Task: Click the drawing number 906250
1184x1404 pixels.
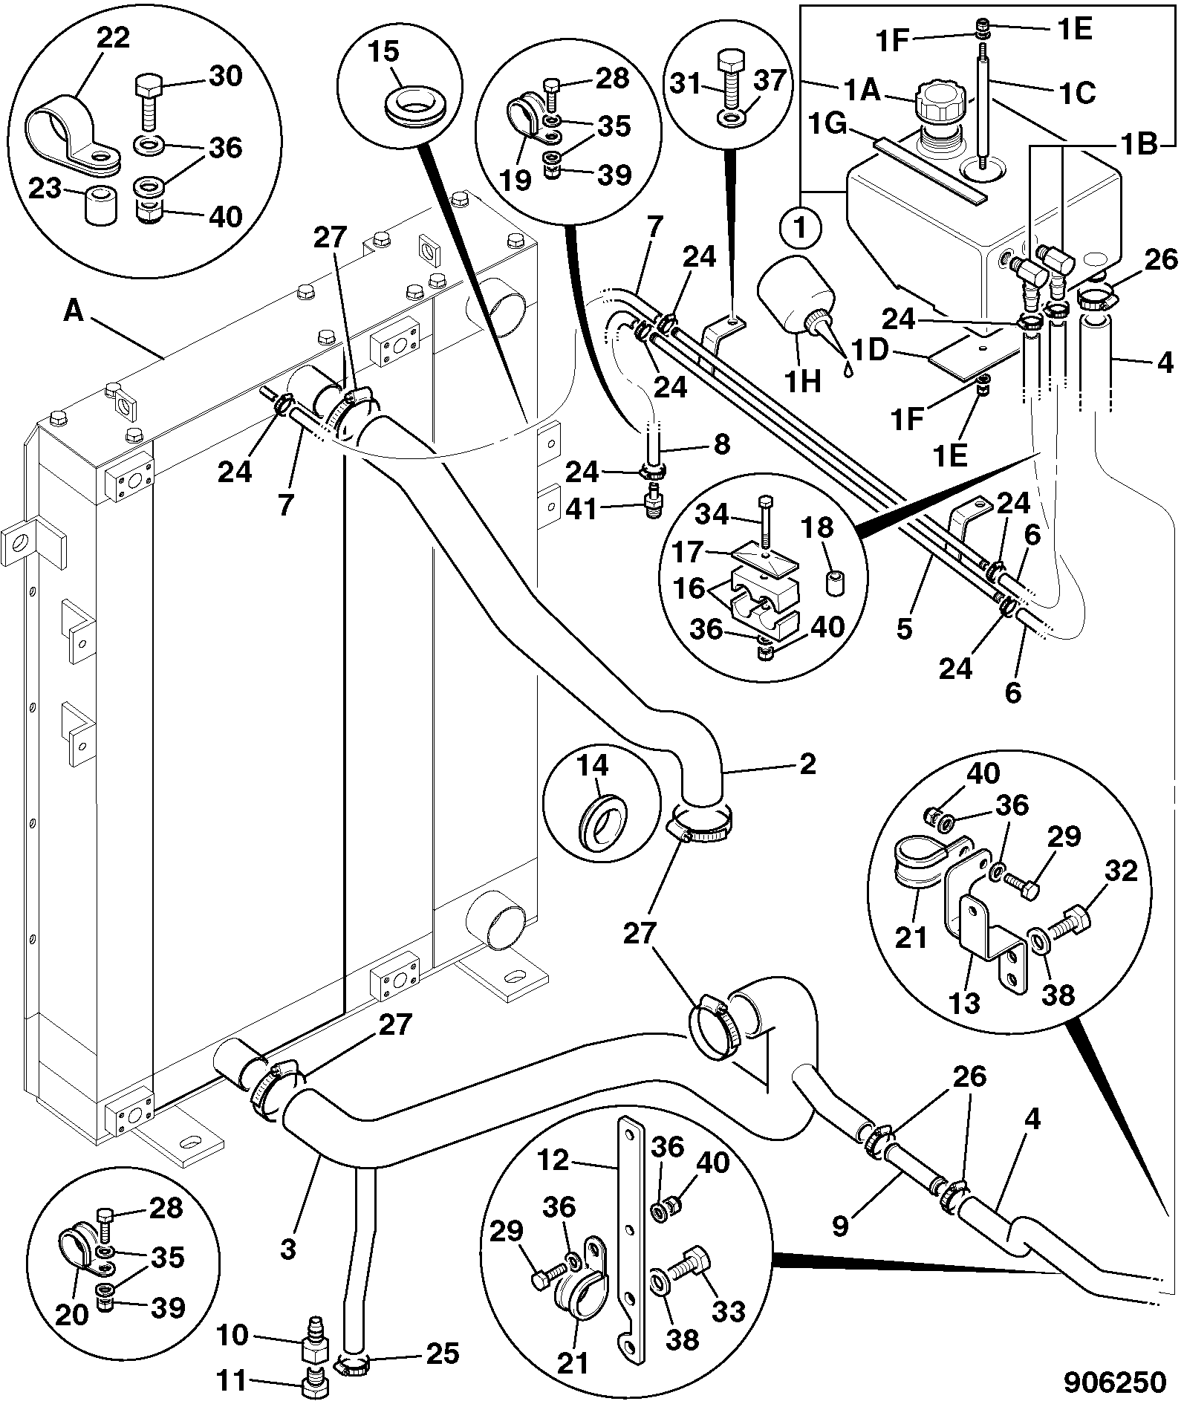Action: (x=1115, y=1381)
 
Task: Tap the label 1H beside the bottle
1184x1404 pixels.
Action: (x=804, y=380)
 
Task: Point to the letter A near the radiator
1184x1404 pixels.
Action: (x=74, y=311)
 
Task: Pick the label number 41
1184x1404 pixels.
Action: (x=582, y=510)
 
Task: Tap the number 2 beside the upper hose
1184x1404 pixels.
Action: (x=807, y=764)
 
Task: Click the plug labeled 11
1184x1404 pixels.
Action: (x=315, y=1383)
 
